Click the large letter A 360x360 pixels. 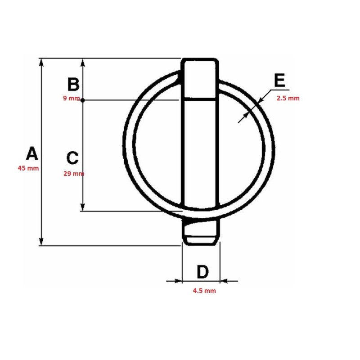pyautogui.click(x=32, y=153)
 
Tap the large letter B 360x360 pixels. pyautogui.click(x=73, y=84)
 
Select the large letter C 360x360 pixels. pyautogui.click(x=72, y=158)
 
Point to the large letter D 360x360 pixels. pyautogui.click(x=203, y=272)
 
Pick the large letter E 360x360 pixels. pyautogui.click(x=279, y=80)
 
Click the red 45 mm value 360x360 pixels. pyautogui.click(x=28, y=168)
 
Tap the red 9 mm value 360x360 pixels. pyautogui.click(x=72, y=99)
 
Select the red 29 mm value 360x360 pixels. pyautogui.click(x=74, y=174)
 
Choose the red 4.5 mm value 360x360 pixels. pyautogui.click(x=204, y=291)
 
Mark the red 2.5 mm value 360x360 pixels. pyautogui.click(x=288, y=99)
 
